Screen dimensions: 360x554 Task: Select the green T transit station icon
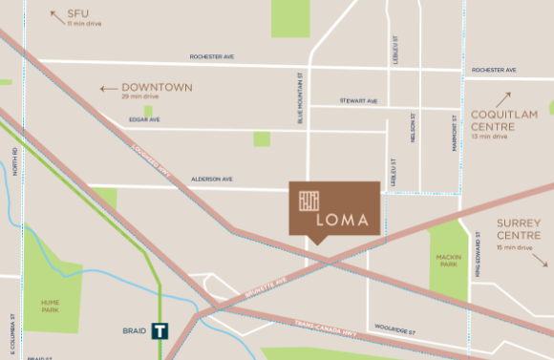[160, 332]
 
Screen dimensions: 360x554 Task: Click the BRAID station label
[134, 331]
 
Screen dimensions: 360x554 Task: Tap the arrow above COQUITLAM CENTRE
[503, 99]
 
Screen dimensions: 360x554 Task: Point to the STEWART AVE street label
[358, 101]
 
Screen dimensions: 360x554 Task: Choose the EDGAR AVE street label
[144, 120]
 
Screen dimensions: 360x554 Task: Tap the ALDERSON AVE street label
[212, 179]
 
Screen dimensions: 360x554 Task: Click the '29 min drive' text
[139, 98]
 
